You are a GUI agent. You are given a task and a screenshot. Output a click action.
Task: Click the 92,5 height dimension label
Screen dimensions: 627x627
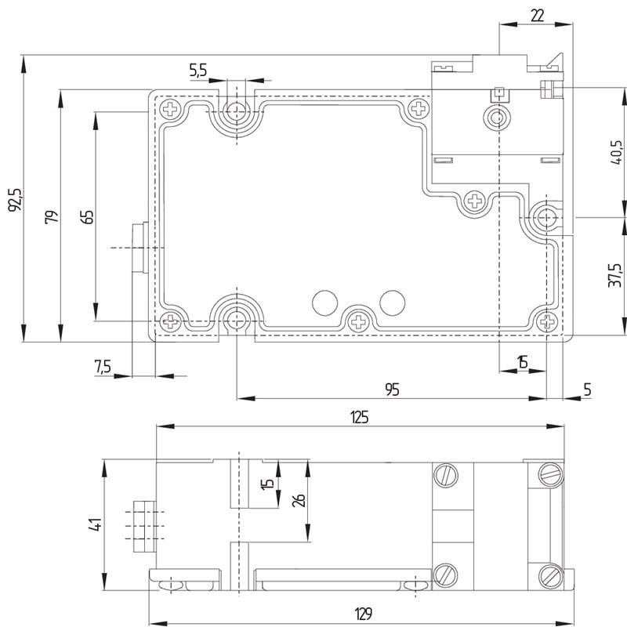click(16, 199)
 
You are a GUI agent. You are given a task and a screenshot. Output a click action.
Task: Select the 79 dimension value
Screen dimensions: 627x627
click(52, 217)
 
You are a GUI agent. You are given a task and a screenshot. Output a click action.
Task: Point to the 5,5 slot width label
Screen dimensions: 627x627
click(198, 71)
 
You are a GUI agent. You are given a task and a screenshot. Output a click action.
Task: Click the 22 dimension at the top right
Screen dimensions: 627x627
click(538, 16)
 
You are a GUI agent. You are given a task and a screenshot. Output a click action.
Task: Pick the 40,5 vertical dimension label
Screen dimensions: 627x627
click(617, 152)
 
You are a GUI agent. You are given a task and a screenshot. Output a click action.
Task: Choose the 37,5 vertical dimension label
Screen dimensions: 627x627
click(616, 275)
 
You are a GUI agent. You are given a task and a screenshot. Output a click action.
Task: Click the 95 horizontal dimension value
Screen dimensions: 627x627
click(393, 389)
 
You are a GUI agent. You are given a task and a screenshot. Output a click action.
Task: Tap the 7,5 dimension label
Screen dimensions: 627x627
click(103, 366)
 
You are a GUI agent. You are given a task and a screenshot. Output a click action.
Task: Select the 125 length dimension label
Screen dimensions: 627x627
click(360, 418)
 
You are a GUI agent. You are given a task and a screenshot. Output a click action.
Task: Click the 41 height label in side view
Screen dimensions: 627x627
click(96, 524)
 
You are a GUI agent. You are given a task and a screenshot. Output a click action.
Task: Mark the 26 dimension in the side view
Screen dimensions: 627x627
click(299, 500)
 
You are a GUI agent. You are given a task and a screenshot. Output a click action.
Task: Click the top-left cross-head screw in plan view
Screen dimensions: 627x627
click(170, 109)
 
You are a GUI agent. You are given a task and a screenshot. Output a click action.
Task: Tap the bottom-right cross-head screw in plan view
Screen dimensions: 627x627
click(546, 321)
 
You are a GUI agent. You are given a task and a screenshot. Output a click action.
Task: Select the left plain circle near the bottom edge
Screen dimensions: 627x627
click(324, 303)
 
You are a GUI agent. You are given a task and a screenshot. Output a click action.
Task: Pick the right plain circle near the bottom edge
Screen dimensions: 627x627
click(393, 303)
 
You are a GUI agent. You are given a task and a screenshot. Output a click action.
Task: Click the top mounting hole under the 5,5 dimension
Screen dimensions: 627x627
click(237, 111)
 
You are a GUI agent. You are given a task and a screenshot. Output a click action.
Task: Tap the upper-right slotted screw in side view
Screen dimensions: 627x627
click(551, 475)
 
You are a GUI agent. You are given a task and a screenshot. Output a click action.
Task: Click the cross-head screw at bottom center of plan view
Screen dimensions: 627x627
click(358, 321)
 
